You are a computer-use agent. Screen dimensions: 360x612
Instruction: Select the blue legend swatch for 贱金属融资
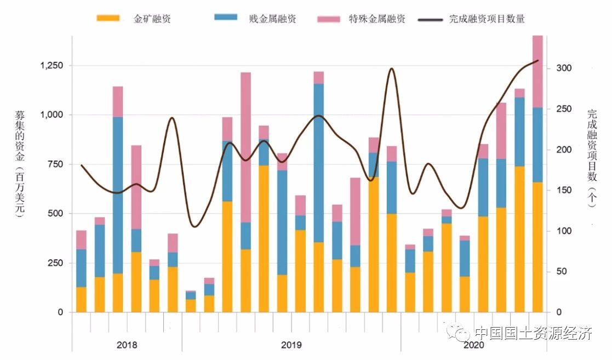click(226, 18)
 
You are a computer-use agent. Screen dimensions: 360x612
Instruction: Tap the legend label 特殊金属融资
click(377, 19)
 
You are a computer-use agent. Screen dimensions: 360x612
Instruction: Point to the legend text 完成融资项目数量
click(487, 19)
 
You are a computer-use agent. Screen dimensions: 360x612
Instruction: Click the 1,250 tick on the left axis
click(52, 65)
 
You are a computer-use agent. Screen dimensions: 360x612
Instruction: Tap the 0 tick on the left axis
click(60, 312)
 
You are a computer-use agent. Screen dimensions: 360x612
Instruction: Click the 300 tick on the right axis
click(564, 68)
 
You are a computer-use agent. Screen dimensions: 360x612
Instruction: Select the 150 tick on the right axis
click(564, 191)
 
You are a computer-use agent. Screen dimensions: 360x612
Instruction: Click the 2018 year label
click(127, 346)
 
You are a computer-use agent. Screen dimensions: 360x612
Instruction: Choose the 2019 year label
click(291, 346)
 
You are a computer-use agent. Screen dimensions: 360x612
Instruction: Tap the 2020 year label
click(473, 346)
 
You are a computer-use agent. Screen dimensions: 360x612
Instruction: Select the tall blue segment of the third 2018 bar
click(118, 195)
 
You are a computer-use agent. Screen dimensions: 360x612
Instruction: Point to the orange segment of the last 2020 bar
click(537, 247)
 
